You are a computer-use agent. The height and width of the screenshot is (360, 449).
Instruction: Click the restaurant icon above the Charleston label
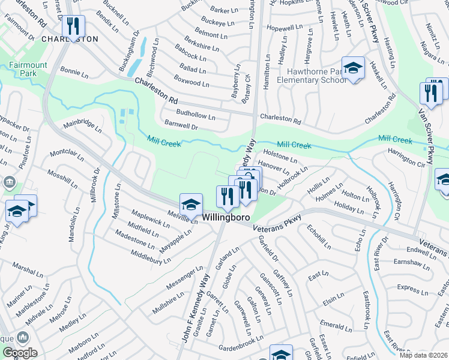click(x=73, y=26)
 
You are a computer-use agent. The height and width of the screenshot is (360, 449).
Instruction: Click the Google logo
click(x=19, y=353)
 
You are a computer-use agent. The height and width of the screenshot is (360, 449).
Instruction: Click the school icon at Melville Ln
click(x=191, y=205)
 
